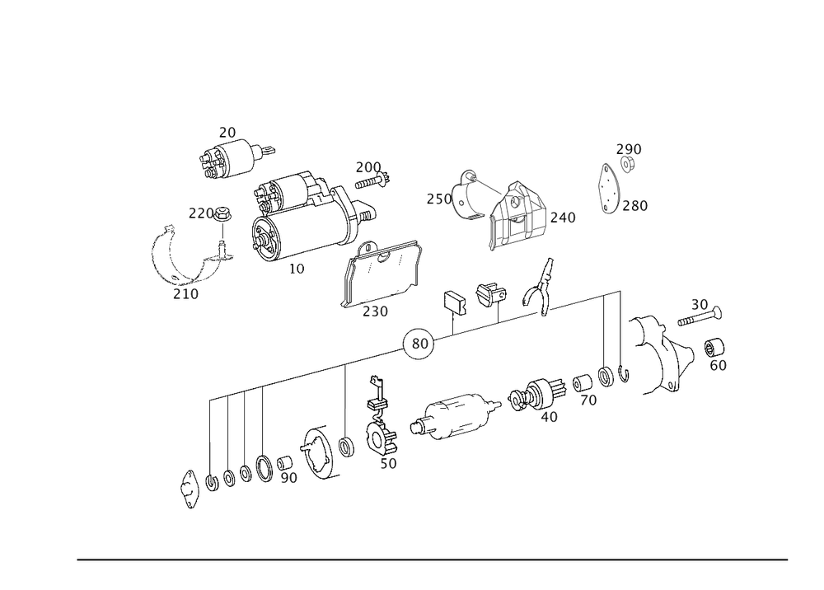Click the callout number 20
pos(227,132)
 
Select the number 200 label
pos(368,167)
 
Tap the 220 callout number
pos(200,214)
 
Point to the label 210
pos(185,293)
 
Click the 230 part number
pos(375,312)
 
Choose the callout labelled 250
pos(438,199)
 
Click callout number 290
pos(630,149)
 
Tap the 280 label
pos(635,205)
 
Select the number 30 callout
pos(700,303)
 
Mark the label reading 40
pos(549,417)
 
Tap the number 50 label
pos(388,464)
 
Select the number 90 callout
pos(288,477)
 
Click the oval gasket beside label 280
pos(609,191)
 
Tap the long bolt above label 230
pos(379,297)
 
